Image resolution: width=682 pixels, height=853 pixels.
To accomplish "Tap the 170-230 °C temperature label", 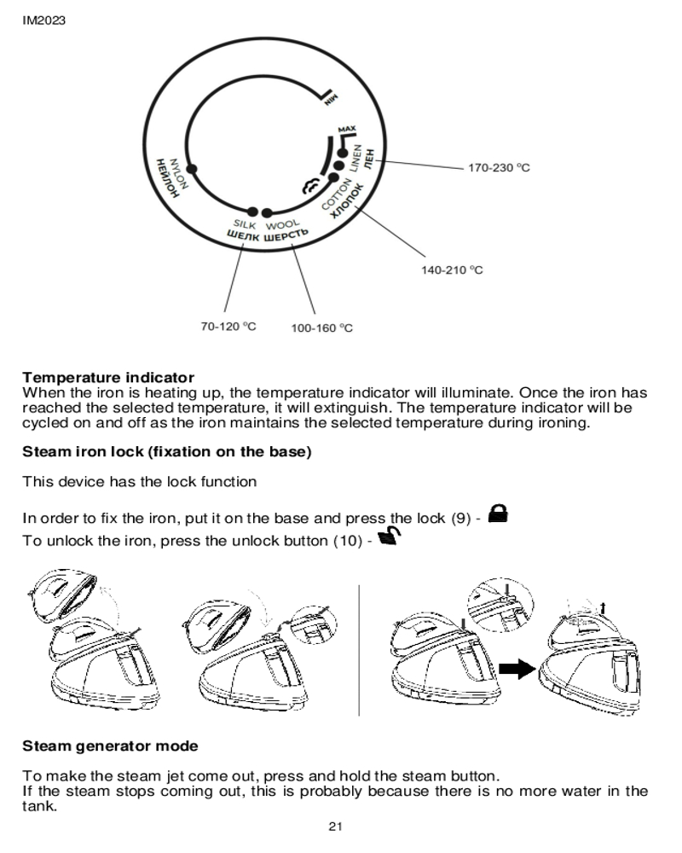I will (499, 168).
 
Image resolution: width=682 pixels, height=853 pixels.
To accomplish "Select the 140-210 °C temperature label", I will (453, 270).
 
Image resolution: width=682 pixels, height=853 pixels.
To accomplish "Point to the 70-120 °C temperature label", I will (228, 327).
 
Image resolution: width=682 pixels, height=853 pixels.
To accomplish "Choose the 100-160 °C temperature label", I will (322, 328).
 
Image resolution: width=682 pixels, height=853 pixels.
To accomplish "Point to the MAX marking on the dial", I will (345, 130).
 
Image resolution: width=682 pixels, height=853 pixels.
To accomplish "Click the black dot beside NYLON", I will (192, 168).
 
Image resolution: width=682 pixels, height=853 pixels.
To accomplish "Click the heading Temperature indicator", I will (108, 377).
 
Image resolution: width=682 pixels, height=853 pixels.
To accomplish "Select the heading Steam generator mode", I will (110, 746).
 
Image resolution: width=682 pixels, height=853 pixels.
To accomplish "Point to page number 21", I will (335, 827).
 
